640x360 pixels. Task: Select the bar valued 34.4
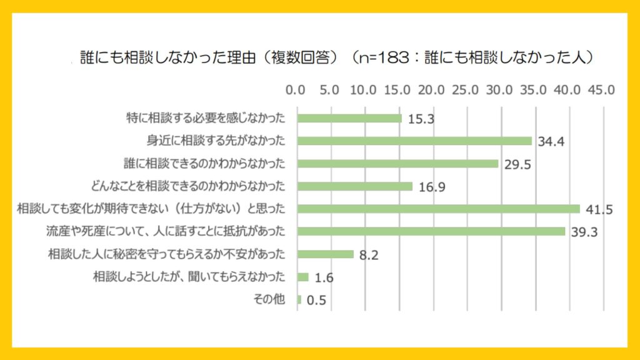point(414,141)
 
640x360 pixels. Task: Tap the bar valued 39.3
point(431,231)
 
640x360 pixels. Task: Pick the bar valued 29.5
point(398,163)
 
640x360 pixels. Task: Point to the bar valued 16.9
point(355,186)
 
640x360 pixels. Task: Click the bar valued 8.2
point(326,254)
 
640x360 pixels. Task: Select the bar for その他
point(299,299)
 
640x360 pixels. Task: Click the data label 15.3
point(422,119)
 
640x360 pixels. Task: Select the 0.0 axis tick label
point(295,89)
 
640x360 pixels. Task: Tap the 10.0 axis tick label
point(364,89)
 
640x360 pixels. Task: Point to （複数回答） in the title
point(301,58)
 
